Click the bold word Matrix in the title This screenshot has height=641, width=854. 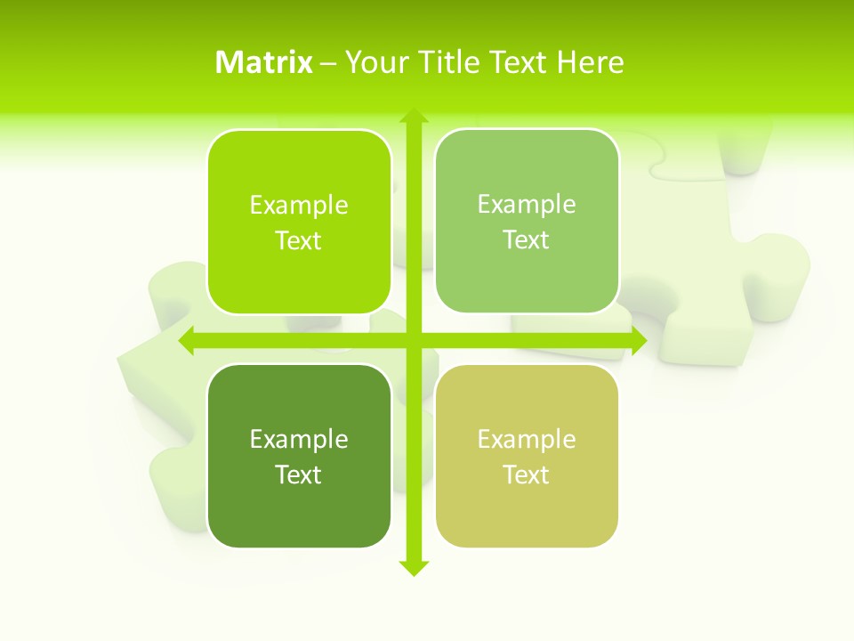[263, 62]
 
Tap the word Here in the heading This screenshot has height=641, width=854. [590, 62]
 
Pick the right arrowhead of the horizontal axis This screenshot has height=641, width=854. [638, 340]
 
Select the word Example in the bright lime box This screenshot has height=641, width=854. [299, 206]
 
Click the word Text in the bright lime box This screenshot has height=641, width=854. [299, 241]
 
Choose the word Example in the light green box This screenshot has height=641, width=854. [527, 205]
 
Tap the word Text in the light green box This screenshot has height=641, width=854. [527, 240]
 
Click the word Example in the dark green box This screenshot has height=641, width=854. [299, 440]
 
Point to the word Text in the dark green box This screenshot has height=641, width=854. [299, 475]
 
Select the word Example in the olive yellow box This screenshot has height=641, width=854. [527, 440]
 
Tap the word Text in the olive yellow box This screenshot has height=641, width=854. [527, 475]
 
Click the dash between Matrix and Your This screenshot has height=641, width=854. [328, 63]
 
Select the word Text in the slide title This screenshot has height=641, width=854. [519, 62]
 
